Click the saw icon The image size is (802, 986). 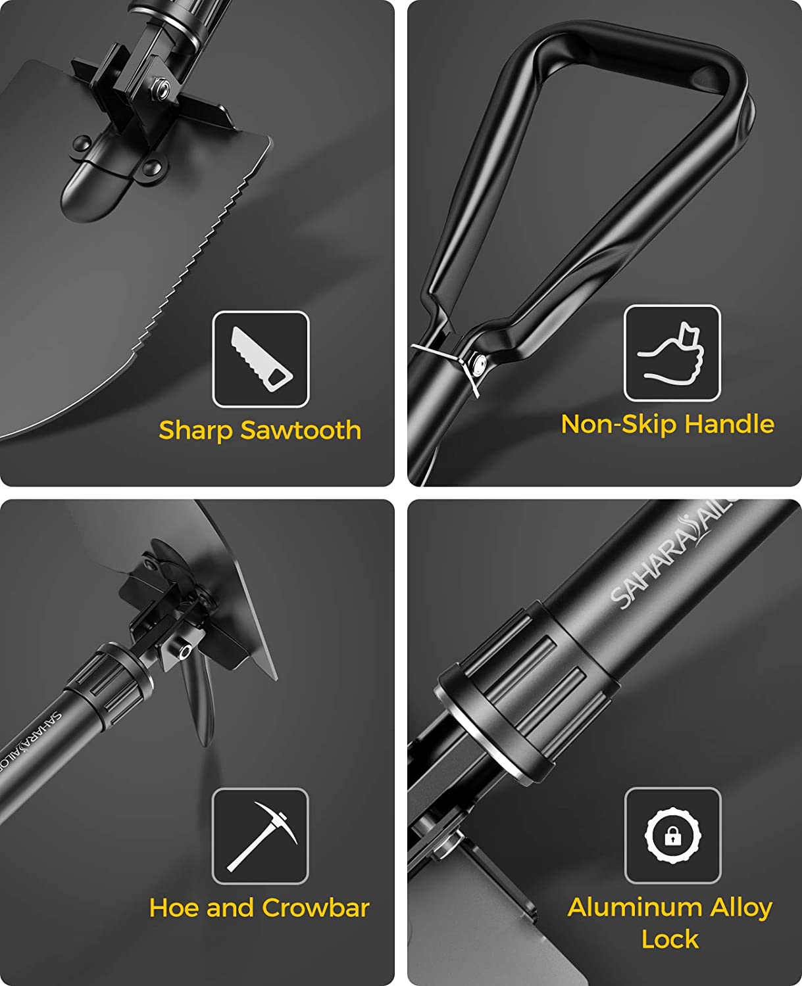pos(261,359)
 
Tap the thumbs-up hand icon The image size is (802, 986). pos(671,354)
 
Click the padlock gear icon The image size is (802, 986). pos(673,835)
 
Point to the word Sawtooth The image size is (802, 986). pos(301,431)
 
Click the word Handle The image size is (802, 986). pos(729,423)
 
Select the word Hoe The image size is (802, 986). pos(174,908)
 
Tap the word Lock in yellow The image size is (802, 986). pos(670,939)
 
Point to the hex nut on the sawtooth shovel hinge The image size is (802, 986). pos(162,87)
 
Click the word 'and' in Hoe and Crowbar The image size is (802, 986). pos(232,908)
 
